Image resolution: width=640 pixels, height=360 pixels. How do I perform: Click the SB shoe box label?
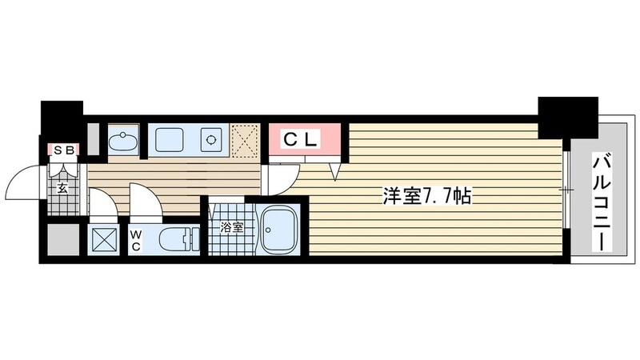coord(64,149)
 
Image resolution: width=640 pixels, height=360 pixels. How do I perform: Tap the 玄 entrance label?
coord(62,189)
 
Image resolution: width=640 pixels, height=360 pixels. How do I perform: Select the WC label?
coord(136,240)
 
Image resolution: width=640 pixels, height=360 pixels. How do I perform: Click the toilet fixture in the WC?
coord(175,238)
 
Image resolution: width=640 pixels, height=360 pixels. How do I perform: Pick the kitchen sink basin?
coord(171,139)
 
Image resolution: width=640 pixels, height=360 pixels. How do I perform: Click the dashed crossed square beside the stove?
coord(246,138)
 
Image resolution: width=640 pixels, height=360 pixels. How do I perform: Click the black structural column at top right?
coord(566,116)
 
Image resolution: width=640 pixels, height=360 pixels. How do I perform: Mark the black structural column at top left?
coord(62,120)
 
